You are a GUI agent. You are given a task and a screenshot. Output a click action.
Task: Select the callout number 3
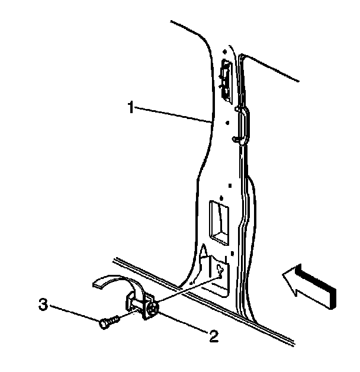click(x=43, y=306)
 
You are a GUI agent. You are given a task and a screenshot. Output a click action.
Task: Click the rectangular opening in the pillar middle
click(x=218, y=222)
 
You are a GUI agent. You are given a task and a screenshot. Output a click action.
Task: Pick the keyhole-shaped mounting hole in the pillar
click(x=220, y=270)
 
